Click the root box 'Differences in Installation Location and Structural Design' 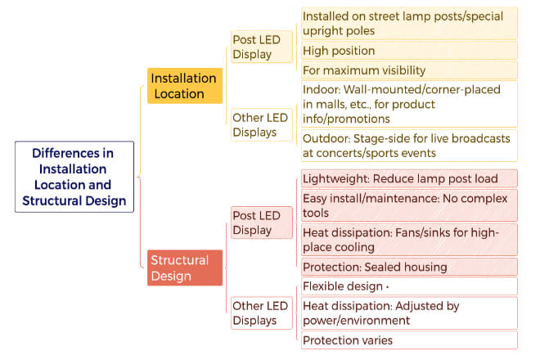coord(74,177)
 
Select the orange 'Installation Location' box coord(185,86)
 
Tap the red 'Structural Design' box coord(185,268)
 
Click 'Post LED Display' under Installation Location coord(262,47)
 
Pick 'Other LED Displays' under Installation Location coord(262,124)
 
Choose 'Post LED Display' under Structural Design coord(262,223)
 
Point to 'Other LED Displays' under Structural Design coord(262,313)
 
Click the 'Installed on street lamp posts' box coord(409,24)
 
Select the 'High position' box coord(409,51)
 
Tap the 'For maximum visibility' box coord(409,70)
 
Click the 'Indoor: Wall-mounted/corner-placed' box coord(409,104)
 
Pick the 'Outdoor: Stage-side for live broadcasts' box coord(409,146)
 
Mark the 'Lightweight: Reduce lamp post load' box coord(409,178)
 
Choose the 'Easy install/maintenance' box coord(409,205)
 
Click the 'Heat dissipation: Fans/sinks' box coord(409,240)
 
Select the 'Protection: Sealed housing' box coord(409,267)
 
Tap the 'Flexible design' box coord(409,286)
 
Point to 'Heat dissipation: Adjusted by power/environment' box coord(409,313)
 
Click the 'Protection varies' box coord(409,340)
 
